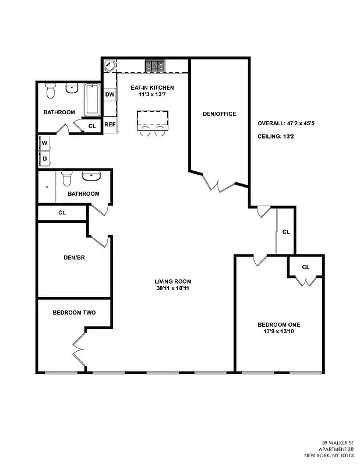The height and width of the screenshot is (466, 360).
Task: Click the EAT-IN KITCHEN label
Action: (x=151, y=87)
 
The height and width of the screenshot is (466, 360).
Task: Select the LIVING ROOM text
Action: (x=172, y=281)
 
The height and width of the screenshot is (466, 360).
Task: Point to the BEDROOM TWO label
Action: (x=74, y=313)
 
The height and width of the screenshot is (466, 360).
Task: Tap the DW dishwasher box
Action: (x=110, y=94)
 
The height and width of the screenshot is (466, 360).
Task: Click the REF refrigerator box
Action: (x=110, y=124)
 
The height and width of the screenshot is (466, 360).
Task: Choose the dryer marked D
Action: (x=44, y=158)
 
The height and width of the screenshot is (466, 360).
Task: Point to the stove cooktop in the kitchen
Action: (x=156, y=65)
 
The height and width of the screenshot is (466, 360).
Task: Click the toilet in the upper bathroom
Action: (x=51, y=91)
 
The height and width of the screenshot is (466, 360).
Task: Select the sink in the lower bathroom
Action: (x=91, y=175)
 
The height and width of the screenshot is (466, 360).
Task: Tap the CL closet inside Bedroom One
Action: (x=306, y=267)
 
